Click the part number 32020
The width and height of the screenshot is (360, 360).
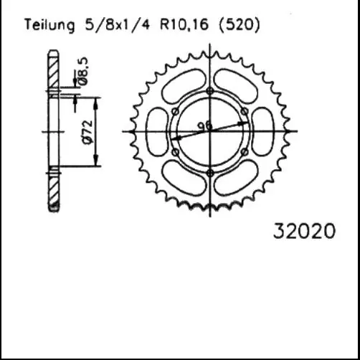click(x=304, y=232)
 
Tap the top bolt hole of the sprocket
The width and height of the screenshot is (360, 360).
click(x=209, y=90)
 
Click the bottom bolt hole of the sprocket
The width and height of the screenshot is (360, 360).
click(x=209, y=173)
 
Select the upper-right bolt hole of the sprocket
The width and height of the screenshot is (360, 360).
click(x=245, y=111)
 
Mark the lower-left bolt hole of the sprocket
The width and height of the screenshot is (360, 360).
click(x=174, y=152)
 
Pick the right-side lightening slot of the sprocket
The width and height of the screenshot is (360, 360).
click(x=263, y=131)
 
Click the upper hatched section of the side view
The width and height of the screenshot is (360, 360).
click(x=52, y=70)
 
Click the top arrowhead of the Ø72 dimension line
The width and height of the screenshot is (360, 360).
click(x=98, y=99)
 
